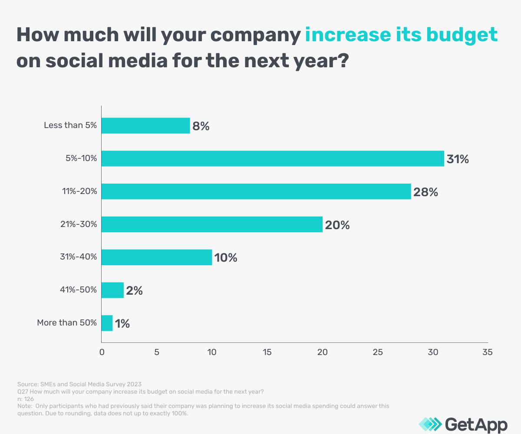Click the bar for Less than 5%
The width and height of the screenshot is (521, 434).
click(x=145, y=126)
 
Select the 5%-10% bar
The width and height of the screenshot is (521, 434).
click(x=273, y=158)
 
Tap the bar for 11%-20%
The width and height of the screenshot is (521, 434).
click(x=256, y=191)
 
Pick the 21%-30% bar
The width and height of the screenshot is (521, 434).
click(x=212, y=224)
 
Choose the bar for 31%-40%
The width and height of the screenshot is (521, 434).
click(x=157, y=257)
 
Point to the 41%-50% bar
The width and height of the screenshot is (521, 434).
click(x=112, y=290)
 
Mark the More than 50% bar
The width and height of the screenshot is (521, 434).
click(x=107, y=323)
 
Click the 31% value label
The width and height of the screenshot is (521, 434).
click(x=458, y=159)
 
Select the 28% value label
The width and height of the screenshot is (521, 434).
click(x=425, y=192)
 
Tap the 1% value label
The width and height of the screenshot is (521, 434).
click(x=122, y=324)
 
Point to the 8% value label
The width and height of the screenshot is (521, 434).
click(x=201, y=126)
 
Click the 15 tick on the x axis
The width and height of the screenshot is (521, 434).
click(x=267, y=352)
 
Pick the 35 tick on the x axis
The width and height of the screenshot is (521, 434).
click(x=488, y=352)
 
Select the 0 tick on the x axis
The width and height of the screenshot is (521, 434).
click(x=102, y=352)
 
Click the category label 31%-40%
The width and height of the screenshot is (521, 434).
click(x=78, y=257)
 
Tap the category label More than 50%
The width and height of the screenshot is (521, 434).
click(x=66, y=323)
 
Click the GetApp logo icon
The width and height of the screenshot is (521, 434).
click(x=430, y=424)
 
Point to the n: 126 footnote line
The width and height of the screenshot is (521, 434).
click(x=26, y=399)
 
